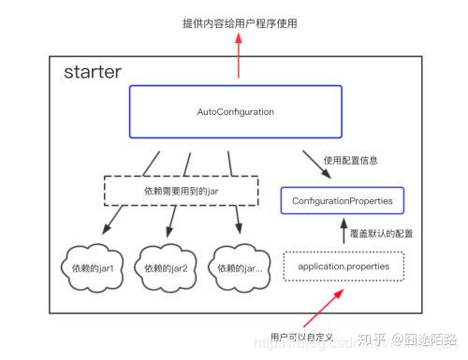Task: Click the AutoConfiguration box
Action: pos(235,112)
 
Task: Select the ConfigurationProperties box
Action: pos(343,200)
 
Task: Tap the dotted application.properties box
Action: pos(343,266)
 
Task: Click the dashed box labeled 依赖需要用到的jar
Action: pos(181,192)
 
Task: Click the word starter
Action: pos(92,73)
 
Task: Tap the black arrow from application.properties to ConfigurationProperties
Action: pos(343,232)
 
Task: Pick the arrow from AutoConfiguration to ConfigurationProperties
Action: pos(314,165)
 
